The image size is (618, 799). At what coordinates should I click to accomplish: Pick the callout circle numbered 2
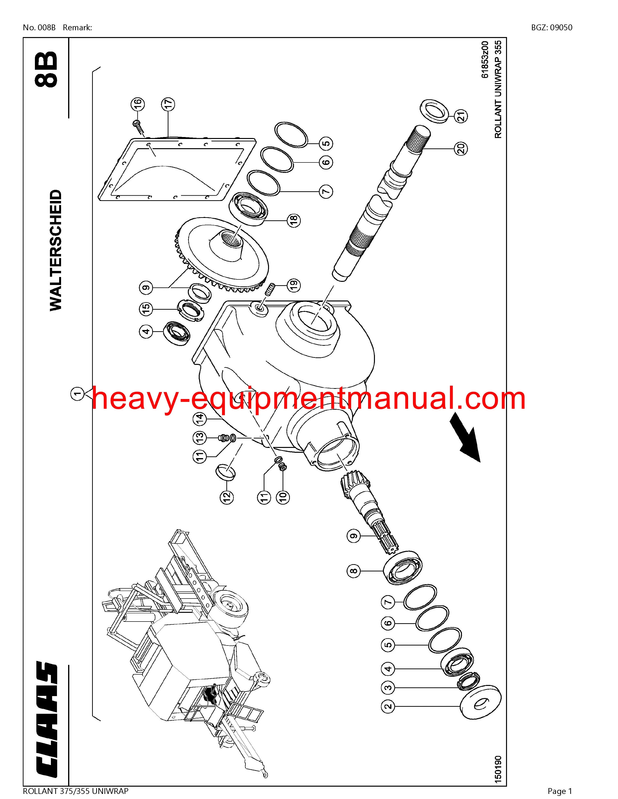coord(388,715)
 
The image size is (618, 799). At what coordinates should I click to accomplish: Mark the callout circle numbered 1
coord(78,394)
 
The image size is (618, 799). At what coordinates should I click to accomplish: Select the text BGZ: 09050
coord(552,27)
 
